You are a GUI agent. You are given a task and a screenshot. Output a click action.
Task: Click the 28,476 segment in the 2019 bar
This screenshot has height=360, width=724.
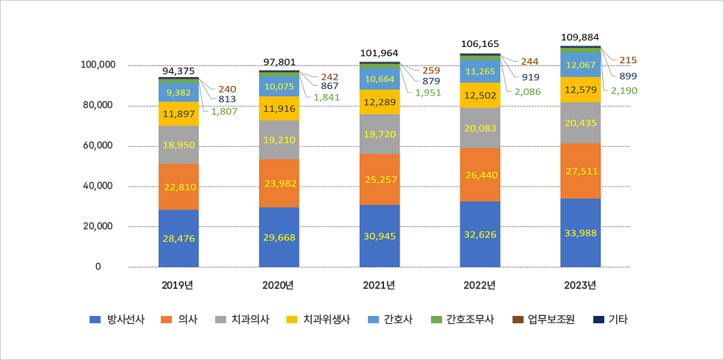[x=178, y=238]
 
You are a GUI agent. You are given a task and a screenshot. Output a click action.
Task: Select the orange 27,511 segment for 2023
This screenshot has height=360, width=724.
[x=580, y=170]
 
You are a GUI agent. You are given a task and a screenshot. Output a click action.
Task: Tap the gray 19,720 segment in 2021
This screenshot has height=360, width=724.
[x=380, y=134]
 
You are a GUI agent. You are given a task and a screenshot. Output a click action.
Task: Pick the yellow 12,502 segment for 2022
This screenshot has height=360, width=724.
[x=479, y=95]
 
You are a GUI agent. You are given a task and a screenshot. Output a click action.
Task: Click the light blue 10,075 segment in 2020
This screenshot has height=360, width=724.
[x=279, y=86]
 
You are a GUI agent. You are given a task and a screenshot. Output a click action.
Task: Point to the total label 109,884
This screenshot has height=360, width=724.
[x=580, y=37]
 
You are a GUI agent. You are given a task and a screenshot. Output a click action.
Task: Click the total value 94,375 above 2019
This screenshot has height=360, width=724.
[x=178, y=71]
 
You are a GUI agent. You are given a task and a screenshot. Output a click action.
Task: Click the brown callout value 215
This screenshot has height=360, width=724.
[x=628, y=60]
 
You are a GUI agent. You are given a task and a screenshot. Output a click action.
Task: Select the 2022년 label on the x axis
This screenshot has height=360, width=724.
[x=480, y=285]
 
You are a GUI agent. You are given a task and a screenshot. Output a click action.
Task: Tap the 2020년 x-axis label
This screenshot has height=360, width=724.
[x=279, y=285]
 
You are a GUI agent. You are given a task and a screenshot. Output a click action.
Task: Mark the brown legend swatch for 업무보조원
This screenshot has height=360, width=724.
[x=518, y=320]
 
